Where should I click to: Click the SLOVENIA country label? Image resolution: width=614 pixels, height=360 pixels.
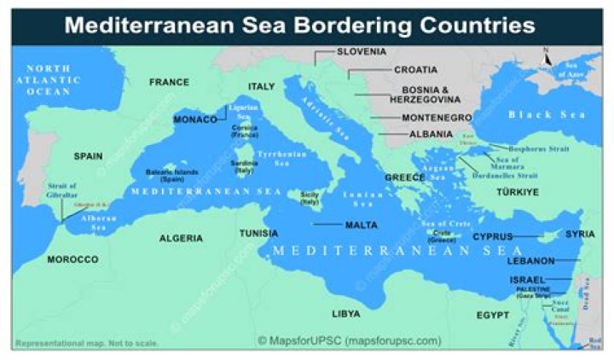pos(362,51)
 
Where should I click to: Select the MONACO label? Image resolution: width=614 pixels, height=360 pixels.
pos(195,119)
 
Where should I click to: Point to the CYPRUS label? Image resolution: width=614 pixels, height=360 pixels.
pos(493,236)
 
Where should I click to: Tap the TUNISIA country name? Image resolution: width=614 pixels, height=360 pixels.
pos(258,233)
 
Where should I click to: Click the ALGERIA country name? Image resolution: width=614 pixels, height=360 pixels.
pos(182,238)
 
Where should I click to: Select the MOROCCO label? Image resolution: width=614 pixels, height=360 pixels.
pos(72,258)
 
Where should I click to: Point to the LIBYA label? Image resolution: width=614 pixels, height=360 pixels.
pos(346,314)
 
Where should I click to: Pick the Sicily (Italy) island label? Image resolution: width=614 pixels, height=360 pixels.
pos(310,198)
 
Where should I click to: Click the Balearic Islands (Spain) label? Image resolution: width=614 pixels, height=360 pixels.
pos(171,175)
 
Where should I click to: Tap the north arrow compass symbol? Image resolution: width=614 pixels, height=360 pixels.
pos(547,57)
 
